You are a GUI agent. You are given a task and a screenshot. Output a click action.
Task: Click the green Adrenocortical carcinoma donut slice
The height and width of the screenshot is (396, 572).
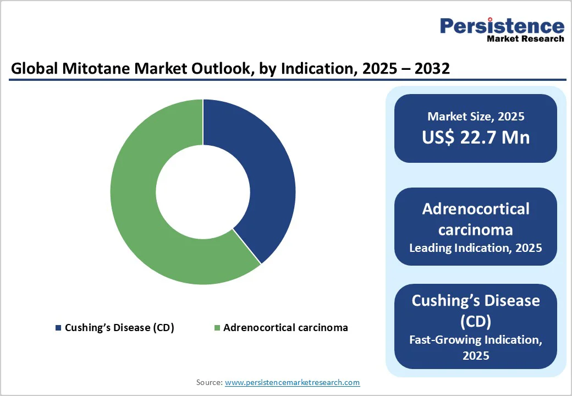[x=143, y=209]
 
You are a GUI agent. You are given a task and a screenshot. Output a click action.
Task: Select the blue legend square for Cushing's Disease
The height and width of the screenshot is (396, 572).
[x=58, y=328]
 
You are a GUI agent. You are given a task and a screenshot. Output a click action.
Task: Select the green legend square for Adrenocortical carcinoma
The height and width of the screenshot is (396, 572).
[x=218, y=328]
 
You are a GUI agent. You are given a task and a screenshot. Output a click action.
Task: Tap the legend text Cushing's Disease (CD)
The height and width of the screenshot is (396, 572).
[x=119, y=328]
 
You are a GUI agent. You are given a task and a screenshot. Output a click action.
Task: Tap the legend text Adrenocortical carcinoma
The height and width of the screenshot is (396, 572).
[x=285, y=328]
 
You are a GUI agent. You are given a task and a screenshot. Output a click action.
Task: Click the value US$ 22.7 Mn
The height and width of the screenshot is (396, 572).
[x=476, y=137]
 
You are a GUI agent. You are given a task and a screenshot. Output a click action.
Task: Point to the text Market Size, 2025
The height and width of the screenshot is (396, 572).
[x=476, y=117]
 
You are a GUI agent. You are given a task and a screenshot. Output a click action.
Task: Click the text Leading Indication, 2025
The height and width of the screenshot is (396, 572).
[x=476, y=248]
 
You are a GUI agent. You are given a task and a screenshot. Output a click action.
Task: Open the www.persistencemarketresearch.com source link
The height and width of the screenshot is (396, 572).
[x=293, y=382]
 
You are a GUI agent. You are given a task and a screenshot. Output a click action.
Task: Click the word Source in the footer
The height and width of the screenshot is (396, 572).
[x=209, y=382]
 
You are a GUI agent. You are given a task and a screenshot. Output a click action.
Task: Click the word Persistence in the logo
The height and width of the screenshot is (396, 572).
[x=502, y=25]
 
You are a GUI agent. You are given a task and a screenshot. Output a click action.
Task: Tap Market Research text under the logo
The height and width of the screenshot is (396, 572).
[x=525, y=38]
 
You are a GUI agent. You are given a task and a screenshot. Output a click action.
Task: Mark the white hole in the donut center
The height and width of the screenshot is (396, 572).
[x=203, y=192]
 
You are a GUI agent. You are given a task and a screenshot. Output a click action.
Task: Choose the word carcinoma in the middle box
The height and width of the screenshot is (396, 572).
[x=476, y=229]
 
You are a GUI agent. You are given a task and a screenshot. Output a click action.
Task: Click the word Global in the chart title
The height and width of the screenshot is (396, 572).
[x=31, y=69]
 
